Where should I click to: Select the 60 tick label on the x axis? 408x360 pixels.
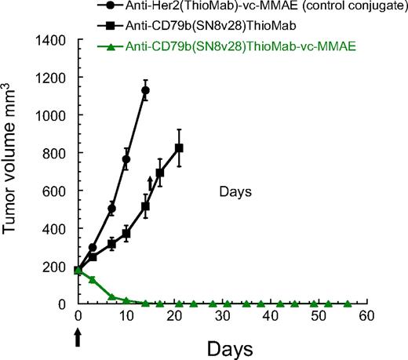click(366, 315)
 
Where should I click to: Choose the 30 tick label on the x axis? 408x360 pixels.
click(222, 315)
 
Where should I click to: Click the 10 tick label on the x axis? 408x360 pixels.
click(126, 315)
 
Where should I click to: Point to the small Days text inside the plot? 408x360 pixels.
click(235, 191)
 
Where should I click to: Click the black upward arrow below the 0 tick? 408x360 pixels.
click(78, 336)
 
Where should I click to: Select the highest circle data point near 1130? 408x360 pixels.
click(145, 90)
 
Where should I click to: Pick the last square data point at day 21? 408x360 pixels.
click(179, 148)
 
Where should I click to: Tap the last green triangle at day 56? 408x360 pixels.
click(347, 304)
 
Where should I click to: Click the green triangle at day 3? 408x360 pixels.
click(93, 279)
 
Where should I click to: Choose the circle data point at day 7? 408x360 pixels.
click(111, 209)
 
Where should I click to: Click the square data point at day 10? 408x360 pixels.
click(126, 234)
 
